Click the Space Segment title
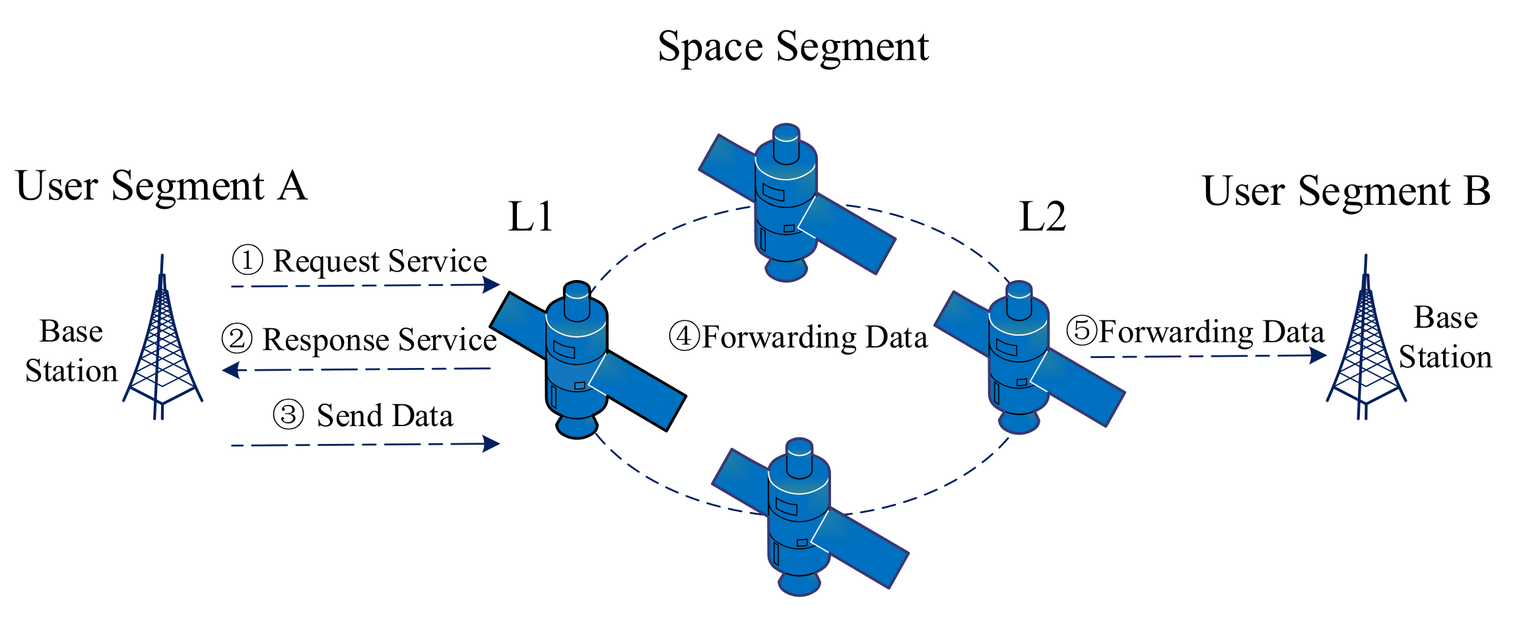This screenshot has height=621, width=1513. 793,47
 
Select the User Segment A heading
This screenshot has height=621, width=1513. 161,186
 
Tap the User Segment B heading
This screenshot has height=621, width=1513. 1347,191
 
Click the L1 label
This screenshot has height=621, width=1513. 530,217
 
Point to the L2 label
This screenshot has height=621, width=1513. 1042,217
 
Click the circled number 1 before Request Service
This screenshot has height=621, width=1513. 248,260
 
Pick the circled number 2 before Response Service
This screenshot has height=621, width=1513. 237,338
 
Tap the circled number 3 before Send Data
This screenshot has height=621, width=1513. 288,416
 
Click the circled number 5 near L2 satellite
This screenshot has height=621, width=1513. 1082,330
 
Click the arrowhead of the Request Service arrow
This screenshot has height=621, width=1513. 491,285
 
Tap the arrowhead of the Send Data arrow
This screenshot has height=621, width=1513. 491,443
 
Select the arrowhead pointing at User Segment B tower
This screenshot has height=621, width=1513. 1318,355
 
